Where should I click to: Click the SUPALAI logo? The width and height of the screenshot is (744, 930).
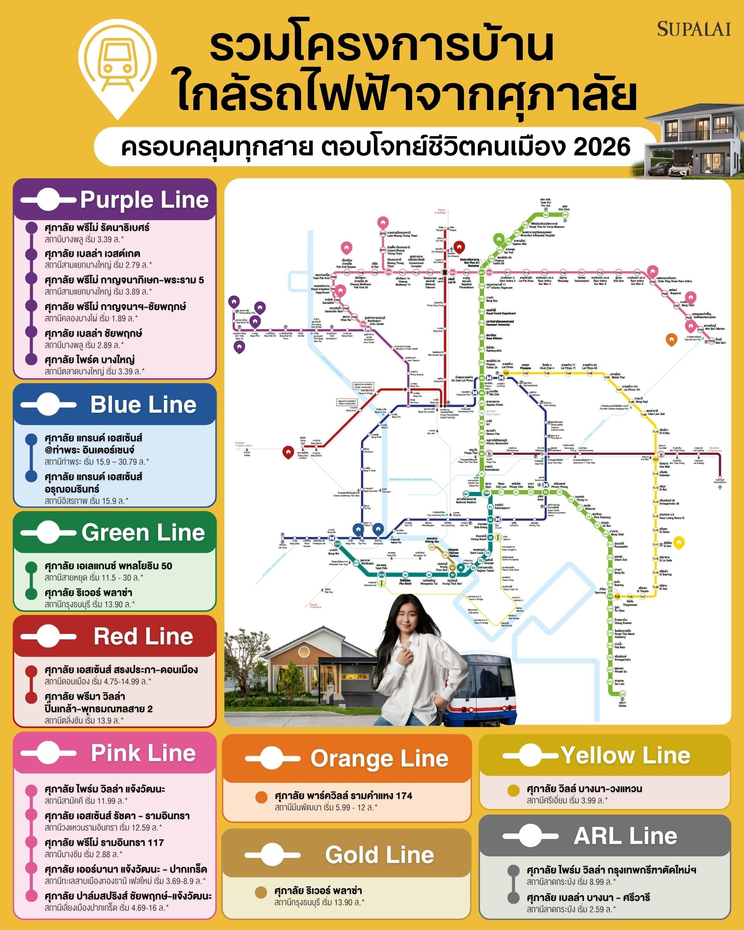(x=694, y=29)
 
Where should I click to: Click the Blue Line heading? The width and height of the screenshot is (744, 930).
(x=143, y=405)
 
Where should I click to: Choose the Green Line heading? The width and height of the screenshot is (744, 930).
(x=143, y=533)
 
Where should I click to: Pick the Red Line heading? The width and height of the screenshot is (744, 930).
(x=143, y=637)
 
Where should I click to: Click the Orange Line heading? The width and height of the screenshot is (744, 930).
(x=379, y=758)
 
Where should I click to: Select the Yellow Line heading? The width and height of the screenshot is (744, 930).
(x=625, y=755)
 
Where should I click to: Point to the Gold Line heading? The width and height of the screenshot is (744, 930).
(x=379, y=854)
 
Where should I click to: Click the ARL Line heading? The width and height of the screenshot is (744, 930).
(x=625, y=835)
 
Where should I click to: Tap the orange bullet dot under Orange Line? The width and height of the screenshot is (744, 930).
(x=262, y=797)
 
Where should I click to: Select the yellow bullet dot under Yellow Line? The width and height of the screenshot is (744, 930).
(x=513, y=790)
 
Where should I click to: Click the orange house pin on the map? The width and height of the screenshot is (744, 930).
(x=671, y=339)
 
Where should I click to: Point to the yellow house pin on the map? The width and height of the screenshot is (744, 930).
(x=679, y=542)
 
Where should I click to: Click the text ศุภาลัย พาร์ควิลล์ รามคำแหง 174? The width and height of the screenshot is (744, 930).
(x=343, y=796)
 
